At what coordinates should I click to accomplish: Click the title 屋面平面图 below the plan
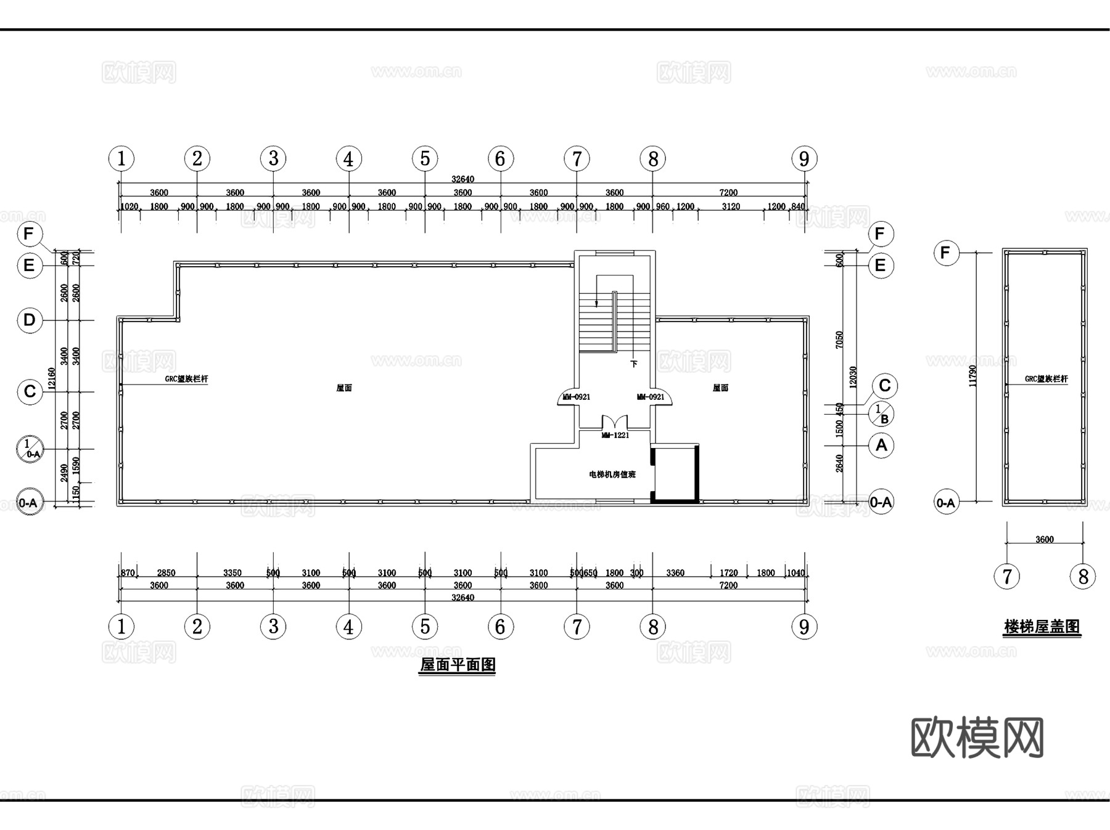tap(458, 665)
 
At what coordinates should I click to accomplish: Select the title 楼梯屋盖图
tap(1042, 627)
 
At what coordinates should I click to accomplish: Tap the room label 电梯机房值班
tap(612, 474)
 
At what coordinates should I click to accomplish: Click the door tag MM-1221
tap(615, 436)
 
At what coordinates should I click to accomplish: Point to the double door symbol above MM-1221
tap(615, 423)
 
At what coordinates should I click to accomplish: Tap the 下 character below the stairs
tap(633, 364)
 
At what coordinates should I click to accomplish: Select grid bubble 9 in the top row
tap(804, 159)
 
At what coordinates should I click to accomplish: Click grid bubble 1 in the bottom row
tap(121, 627)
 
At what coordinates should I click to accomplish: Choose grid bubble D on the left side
tap(30, 320)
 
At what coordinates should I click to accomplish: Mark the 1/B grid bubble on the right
tap(881, 414)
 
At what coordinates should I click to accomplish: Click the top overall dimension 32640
tap(462, 179)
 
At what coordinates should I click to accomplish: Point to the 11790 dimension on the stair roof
tap(973, 376)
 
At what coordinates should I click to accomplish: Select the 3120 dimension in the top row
tap(731, 206)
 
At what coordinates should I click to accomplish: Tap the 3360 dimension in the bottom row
tap(675, 573)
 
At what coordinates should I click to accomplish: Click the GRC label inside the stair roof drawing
tap(1046, 379)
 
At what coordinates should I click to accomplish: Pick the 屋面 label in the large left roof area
tap(344, 388)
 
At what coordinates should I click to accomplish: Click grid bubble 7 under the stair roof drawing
tap(1007, 577)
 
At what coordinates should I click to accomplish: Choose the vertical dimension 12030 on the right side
tap(853, 376)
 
